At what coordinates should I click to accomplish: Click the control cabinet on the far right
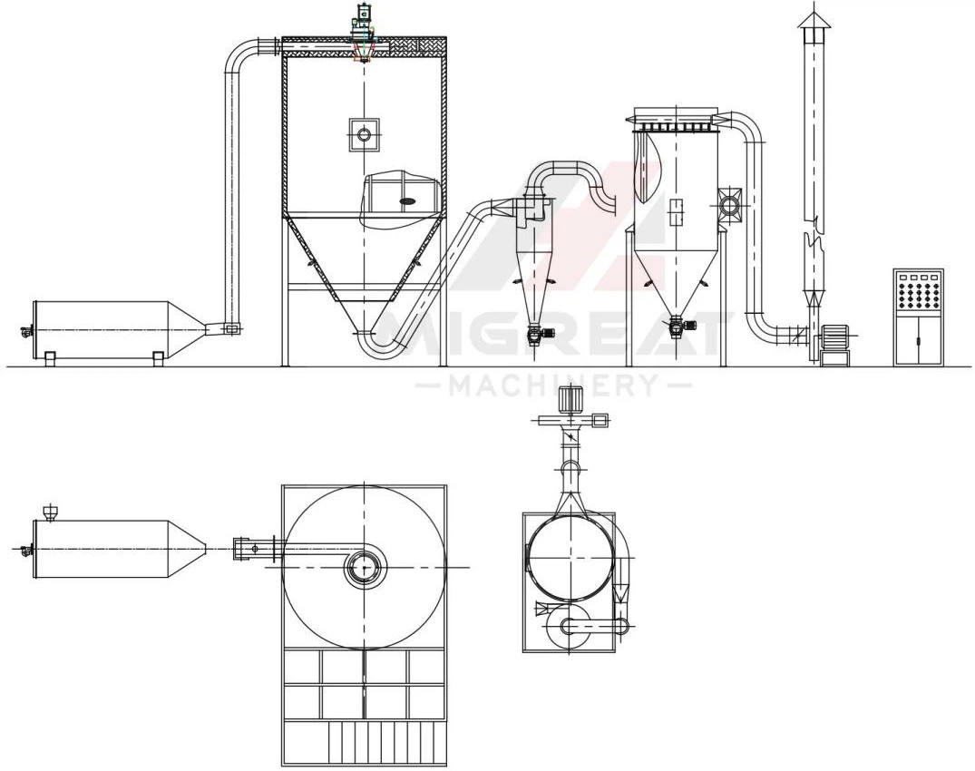pos(918,317)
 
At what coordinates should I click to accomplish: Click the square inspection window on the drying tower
pos(364,133)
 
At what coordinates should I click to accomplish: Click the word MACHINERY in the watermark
pos(552,385)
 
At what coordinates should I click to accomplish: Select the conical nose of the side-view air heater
pos(187,329)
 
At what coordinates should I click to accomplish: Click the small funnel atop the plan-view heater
pos(50,512)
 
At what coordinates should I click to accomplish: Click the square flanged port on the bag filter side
pos(729,202)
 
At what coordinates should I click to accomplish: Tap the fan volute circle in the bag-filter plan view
pos(568,626)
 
